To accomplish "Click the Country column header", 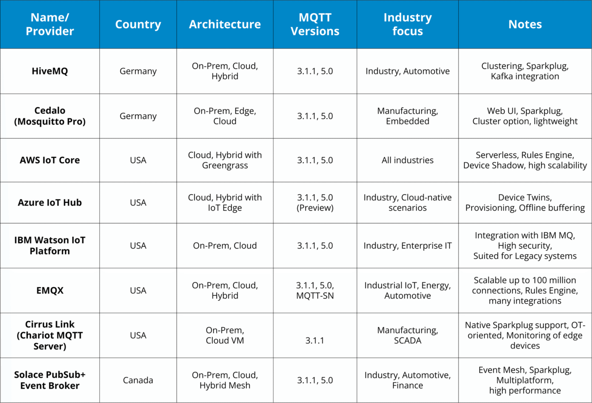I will [138, 24].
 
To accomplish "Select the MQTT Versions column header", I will [315, 24].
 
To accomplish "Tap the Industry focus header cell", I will [407, 24].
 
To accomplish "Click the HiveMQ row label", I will [49, 71].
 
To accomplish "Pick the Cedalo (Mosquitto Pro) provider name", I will [49, 116].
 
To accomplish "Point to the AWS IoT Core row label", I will [49, 160].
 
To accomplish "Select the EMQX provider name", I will [49, 290].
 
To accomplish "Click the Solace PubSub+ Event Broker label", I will [49, 380].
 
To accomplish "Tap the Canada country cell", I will [138, 380].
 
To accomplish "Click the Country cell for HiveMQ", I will [138, 71].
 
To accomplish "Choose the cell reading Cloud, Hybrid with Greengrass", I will [225, 160].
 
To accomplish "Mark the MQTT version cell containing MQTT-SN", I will [315, 290].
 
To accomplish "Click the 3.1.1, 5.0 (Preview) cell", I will [315, 202].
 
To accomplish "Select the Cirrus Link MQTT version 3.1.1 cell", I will [315, 341].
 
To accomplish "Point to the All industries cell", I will [407, 160].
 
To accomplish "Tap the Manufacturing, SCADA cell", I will [407, 336].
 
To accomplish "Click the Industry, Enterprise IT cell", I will [407, 246].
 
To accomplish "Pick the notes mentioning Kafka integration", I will [525, 71].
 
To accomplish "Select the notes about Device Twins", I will [525, 202].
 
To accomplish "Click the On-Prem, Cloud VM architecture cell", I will [225, 336].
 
